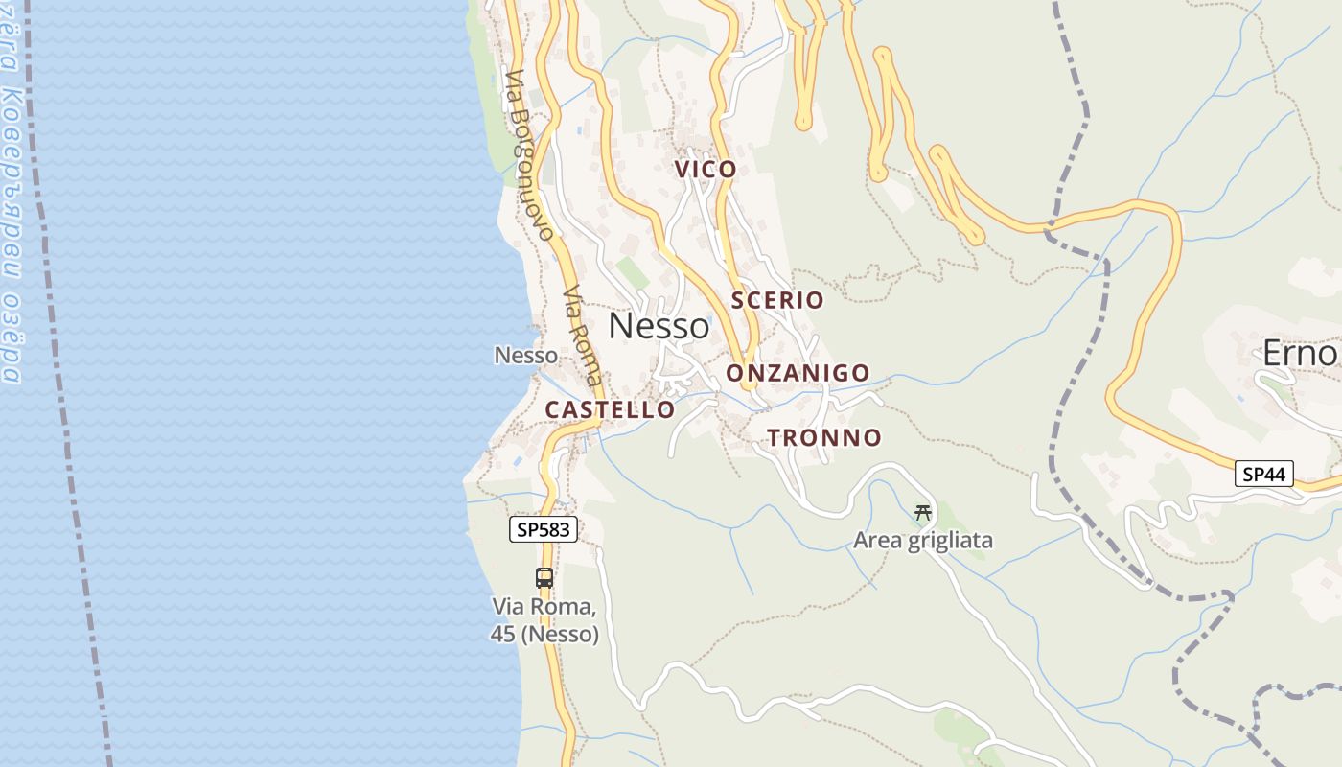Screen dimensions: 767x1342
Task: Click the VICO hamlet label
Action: click(706, 170)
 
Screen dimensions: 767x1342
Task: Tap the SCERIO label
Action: click(777, 300)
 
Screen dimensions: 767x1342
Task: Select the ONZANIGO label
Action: click(798, 373)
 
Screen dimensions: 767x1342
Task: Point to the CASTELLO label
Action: click(610, 409)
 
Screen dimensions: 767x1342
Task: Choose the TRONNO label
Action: click(823, 438)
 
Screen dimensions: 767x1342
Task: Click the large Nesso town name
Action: click(659, 327)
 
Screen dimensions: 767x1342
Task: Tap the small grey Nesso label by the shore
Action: click(525, 356)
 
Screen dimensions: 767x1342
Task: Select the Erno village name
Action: click(1299, 354)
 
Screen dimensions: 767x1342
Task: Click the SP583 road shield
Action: click(544, 529)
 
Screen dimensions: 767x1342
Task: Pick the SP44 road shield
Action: click(1264, 473)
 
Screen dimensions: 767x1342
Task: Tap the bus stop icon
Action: click(544, 577)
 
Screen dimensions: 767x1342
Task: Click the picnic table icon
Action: click(923, 513)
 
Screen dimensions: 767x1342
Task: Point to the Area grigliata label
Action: click(923, 541)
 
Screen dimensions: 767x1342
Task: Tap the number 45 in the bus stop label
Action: click(502, 634)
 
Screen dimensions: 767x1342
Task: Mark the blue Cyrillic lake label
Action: click(10, 192)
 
